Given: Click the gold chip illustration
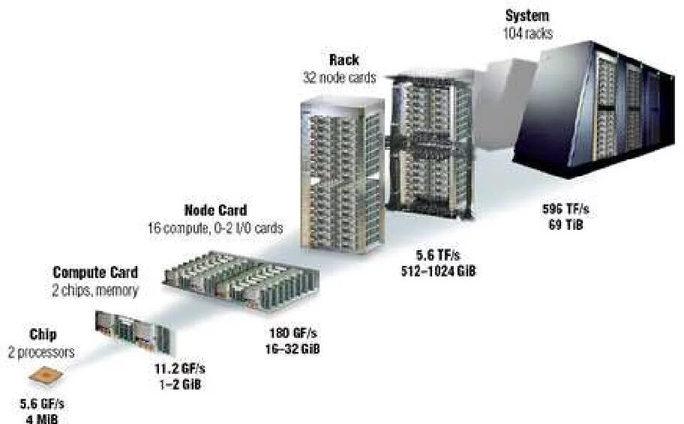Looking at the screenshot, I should click(47, 379).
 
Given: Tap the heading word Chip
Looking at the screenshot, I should click(43, 335).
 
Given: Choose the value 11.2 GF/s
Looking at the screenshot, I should click(174, 369).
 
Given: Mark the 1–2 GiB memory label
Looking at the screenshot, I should click(174, 384).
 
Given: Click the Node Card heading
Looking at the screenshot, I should click(215, 211).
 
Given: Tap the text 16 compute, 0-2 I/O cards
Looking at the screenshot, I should click(215, 228).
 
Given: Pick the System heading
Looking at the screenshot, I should click(527, 16).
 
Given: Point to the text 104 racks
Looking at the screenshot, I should click(527, 32).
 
